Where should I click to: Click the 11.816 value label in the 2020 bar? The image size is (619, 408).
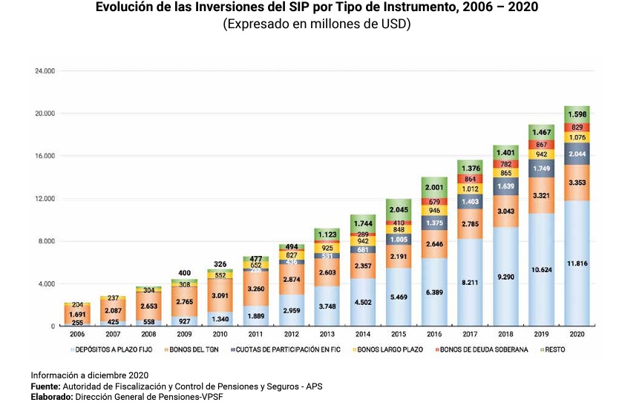[x=577, y=263]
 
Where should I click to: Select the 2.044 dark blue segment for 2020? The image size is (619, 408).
[x=577, y=154]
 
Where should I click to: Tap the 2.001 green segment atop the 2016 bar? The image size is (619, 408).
[x=433, y=188]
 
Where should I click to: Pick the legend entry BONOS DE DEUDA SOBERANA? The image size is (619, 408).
[x=482, y=349]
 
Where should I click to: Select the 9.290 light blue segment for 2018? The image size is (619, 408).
[x=505, y=276]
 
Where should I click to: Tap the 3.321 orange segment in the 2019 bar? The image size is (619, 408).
[x=541, y=195]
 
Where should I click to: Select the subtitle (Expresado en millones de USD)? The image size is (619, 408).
[x=316, y=24]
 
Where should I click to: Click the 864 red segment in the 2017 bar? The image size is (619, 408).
[x=469, y=179]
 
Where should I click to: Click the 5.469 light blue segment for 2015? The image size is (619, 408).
[x=397, y=297]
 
